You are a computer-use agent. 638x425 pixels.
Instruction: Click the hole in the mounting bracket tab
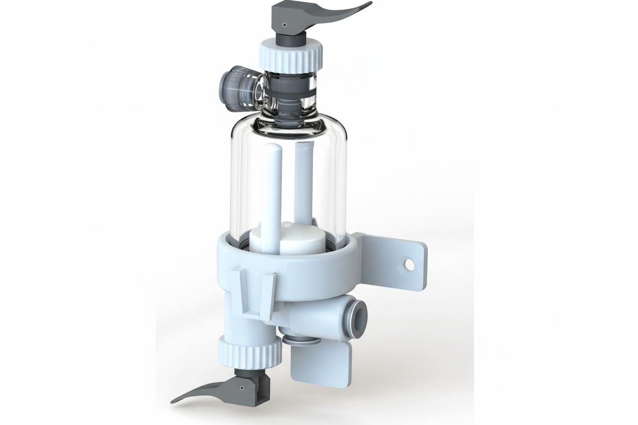[409, 264]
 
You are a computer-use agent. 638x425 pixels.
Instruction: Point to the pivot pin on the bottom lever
[241, 388]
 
